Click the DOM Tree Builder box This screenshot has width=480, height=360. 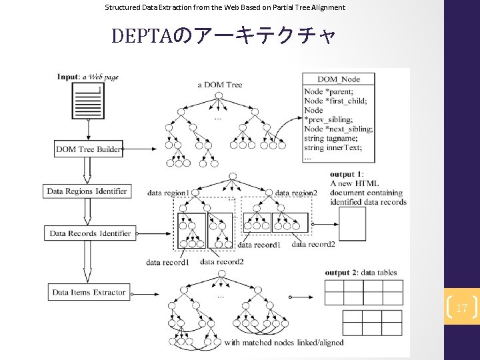(x=88, y=149)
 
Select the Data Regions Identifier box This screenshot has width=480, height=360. (x=87, y=191)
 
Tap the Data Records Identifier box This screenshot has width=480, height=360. (x=90, y=233)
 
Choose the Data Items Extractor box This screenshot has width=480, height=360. (x=88, y=292)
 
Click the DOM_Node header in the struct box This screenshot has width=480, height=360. (x=339, y=79)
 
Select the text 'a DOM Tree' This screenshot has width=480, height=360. (x=220, y=84)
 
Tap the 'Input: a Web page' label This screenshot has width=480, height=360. (x=88, y=77)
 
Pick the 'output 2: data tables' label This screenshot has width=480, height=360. (x=361, y=273)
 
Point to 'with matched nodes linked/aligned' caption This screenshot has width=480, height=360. (x=284, y=343)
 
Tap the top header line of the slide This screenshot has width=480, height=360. (x=225, y=7)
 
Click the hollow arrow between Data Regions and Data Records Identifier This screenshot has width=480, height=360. (x=86, y=212)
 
